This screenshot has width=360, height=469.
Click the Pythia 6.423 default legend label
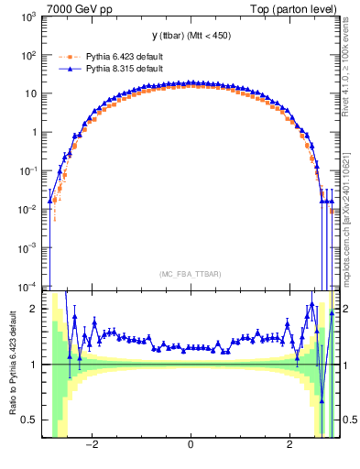(x=111, y=55)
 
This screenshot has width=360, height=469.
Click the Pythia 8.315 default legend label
(x=111, y=69)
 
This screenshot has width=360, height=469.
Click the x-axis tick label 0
(x=191, y=445)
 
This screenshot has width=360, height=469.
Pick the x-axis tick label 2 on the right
(x=289, y=445)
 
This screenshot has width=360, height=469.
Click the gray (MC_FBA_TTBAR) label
(x=191, y=274)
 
